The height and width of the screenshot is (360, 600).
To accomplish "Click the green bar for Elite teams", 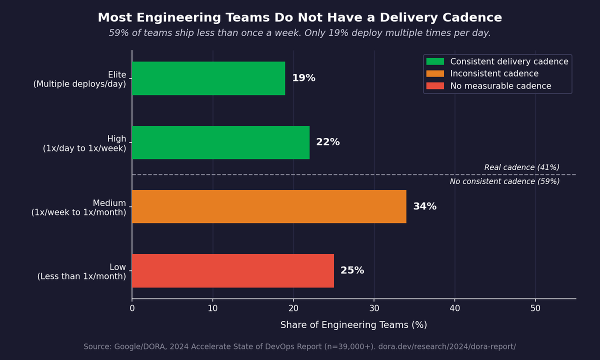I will (208, 78).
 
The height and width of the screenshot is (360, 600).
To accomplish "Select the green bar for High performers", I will (220, 142).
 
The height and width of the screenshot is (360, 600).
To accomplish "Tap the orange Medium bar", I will (269, 206).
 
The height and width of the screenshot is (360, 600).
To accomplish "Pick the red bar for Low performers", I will (232, 270).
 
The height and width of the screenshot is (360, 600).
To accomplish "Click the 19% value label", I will (303, 78).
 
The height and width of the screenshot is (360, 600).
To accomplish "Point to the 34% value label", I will (424, 206).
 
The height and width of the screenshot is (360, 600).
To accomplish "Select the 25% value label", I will (352, 270).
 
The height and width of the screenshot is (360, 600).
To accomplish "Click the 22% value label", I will (327, 142).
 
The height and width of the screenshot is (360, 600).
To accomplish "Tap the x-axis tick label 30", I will (374, 309).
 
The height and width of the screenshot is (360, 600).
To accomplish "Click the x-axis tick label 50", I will (535, 309).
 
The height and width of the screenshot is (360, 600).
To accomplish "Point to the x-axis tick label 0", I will (132, 309).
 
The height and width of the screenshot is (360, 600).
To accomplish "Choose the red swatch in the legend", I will (435, 86).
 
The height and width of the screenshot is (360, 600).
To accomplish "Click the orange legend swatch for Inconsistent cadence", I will (435, 74).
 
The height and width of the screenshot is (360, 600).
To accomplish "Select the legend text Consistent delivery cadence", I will (509, 61).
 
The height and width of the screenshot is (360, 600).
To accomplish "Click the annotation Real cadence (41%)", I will (521, 167).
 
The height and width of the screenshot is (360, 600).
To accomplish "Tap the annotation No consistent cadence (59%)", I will (504, 181).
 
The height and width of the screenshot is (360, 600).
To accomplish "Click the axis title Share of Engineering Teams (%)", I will (353, 325).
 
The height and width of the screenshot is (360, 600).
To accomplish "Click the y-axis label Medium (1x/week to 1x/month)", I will (78, 207).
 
